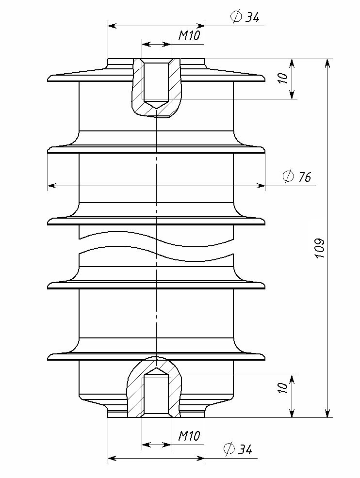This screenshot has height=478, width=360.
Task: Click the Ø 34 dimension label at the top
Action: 245,17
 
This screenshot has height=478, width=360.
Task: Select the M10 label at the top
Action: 189,36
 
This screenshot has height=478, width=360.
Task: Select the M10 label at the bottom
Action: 189,436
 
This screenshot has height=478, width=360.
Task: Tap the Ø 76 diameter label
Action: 297,176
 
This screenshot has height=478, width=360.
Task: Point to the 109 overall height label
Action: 319,248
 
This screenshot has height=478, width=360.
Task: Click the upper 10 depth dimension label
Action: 283,78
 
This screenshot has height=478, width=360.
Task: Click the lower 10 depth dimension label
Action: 283,388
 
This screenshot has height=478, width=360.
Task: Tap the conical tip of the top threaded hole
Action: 156,109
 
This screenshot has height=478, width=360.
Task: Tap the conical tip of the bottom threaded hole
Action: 156,367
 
